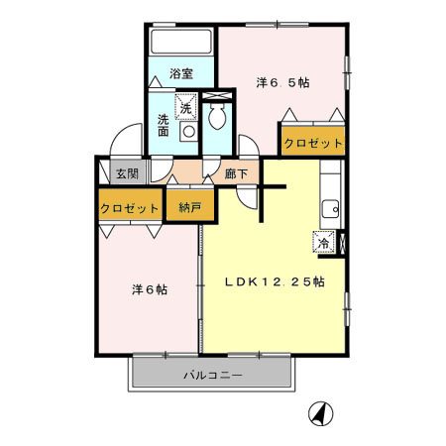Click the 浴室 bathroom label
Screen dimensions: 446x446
181,73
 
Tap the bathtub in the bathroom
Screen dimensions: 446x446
181,42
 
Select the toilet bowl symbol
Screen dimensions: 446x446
217,117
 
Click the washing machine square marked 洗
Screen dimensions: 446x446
186,107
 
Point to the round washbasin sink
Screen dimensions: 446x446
189,132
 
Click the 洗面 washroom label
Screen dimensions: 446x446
163,125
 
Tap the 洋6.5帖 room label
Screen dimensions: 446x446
282,82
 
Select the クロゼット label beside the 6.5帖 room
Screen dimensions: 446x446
313,143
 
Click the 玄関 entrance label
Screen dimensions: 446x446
127,173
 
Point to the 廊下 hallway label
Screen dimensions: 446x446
236,173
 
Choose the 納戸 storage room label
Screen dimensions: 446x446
190,207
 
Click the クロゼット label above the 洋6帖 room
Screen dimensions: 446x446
129,208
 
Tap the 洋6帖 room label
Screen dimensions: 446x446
150,289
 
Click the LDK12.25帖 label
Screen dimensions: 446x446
275,281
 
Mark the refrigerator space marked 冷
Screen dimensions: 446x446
324,243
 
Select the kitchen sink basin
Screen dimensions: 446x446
330,209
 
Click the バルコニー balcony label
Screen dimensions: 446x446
213,375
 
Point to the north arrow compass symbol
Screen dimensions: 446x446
321,413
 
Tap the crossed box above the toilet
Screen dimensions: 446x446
217,96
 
